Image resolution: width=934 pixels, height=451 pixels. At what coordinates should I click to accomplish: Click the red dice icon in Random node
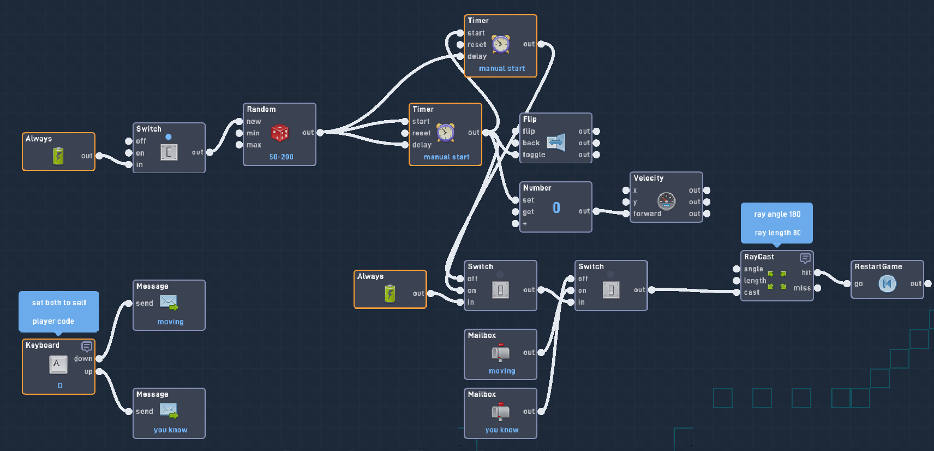(x=280, y=133)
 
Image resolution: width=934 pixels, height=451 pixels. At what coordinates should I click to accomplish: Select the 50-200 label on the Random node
(x=281, y=157)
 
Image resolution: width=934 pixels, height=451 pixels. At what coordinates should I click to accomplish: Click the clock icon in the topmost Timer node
(x=501, y=44)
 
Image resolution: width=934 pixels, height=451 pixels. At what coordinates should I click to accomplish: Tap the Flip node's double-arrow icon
(x=555, y=143)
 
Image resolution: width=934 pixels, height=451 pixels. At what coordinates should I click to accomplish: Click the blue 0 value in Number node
(x=556, y=207)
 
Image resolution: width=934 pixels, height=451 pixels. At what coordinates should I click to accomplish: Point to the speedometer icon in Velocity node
(x=666, y=201)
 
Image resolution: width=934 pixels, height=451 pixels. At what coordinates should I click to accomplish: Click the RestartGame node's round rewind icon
(x=887, y=283)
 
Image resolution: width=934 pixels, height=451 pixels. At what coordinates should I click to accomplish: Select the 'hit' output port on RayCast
(x=817, y=272)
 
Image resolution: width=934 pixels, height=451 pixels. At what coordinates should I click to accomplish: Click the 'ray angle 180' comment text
(x=777, y=214)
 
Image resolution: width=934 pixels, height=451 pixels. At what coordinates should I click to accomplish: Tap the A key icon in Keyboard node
(x=58, y=364)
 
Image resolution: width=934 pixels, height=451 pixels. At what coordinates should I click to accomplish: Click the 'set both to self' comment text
(x=59, y=302)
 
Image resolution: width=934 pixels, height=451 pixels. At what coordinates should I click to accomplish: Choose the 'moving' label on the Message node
(x=170, y=322)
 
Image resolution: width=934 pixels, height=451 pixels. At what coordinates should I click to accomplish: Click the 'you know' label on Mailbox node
(x=501, y=430)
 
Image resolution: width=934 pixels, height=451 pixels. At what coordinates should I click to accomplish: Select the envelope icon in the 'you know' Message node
(x=169, y=410)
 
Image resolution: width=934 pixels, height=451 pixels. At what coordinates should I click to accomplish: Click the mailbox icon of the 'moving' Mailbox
(x=500, y=353)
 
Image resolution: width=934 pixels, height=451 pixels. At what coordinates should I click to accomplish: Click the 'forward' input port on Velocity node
(x=626, y=213)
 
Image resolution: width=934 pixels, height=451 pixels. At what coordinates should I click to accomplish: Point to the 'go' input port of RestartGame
(x=847, y=283)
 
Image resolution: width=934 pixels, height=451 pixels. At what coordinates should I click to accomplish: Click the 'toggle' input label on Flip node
(x=534, y=155)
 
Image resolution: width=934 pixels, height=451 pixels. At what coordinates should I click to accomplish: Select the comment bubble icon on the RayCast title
(x=805, y=258)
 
